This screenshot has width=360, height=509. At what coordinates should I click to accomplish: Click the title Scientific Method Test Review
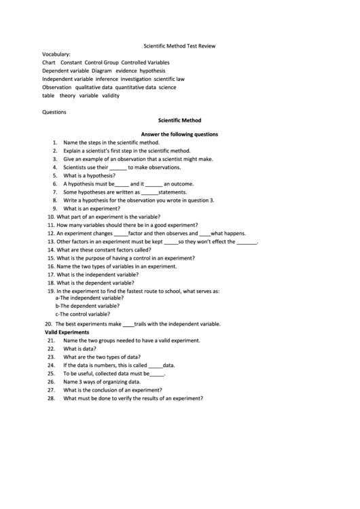click(179, 46)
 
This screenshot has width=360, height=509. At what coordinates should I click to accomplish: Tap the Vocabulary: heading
click(56, 54)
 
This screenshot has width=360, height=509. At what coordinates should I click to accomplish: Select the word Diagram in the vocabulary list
click(101, 71)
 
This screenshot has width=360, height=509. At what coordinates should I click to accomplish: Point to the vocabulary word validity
click(111, 96)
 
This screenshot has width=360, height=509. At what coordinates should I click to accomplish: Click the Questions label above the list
click(54, 112)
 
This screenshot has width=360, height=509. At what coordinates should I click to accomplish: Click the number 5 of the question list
click(54, 175)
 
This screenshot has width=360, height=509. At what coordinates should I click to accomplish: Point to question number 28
click(51, 398)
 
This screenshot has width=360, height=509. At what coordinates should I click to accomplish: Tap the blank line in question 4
click(118, 167)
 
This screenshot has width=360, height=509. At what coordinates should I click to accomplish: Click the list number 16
click(51, 266)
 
